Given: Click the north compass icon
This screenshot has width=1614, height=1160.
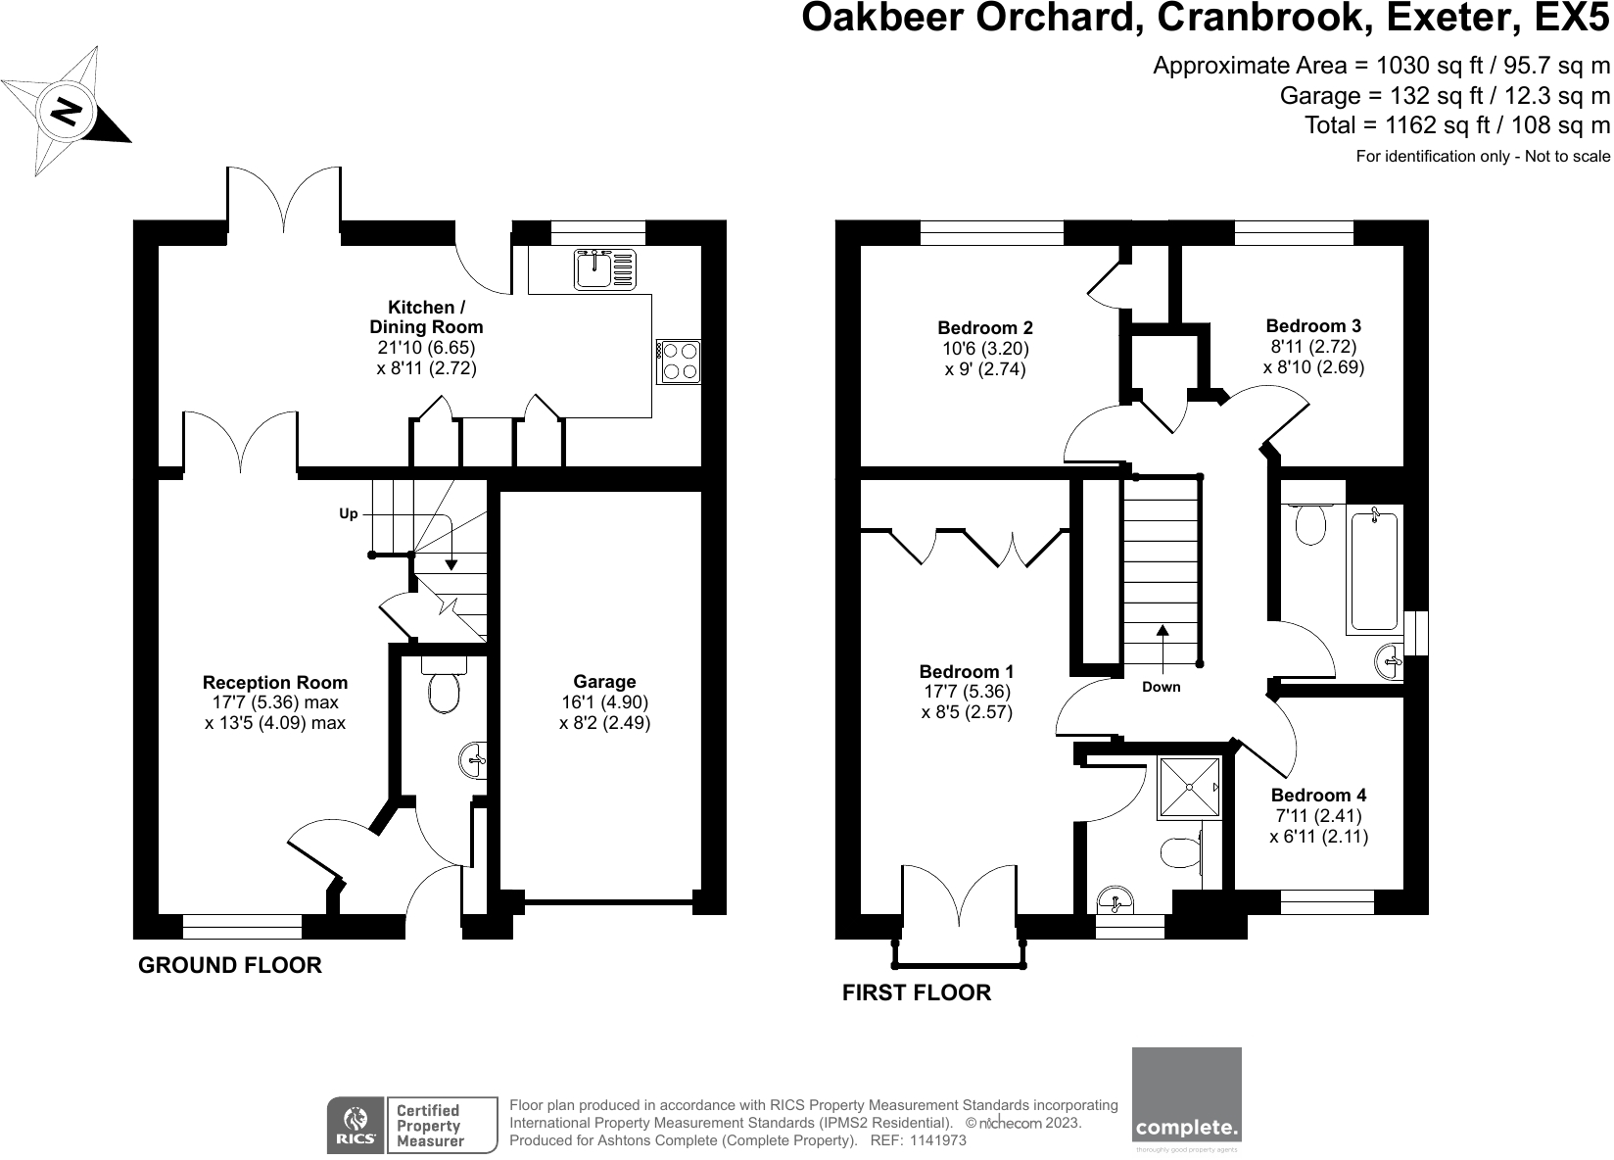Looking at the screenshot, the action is pyautogui.click(x=66, y=112).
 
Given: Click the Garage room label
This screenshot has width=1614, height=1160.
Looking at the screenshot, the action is pyautogui.click(x=604, y=682).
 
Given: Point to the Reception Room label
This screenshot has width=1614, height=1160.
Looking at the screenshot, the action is pyautogui.click(x=275, y=683).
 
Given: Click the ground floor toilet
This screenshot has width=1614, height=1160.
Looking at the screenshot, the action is pyautogui.click(x=444, y=690).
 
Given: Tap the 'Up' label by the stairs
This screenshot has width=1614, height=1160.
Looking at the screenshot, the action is pyautogui.click(x=349, y=513).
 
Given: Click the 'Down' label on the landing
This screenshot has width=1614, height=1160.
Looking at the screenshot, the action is pyautogui.click(x=1162, y=687).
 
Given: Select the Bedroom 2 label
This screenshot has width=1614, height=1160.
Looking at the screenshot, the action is pyautogui.click(x=985, y=328).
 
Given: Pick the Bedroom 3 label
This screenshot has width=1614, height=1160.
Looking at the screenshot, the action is pyautogui.click(x=1313, y=326).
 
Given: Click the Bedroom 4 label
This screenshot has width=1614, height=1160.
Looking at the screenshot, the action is pyautogui.click(x=1318, y=796).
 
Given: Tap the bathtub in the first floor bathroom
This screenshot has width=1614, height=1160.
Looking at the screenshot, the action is pyautogui.click(x=1376, y=568).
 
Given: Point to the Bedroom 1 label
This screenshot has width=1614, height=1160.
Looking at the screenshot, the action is pyautogui.click(x=967, y=672).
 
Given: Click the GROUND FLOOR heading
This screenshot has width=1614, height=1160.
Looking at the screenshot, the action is pyautogui.click(x=230, y=966).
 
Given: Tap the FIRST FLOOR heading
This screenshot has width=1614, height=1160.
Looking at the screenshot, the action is pyautogui.click(x=917, y=993).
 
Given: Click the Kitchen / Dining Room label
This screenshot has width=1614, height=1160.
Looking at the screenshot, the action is pyautogui.click(x=426, y=317).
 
